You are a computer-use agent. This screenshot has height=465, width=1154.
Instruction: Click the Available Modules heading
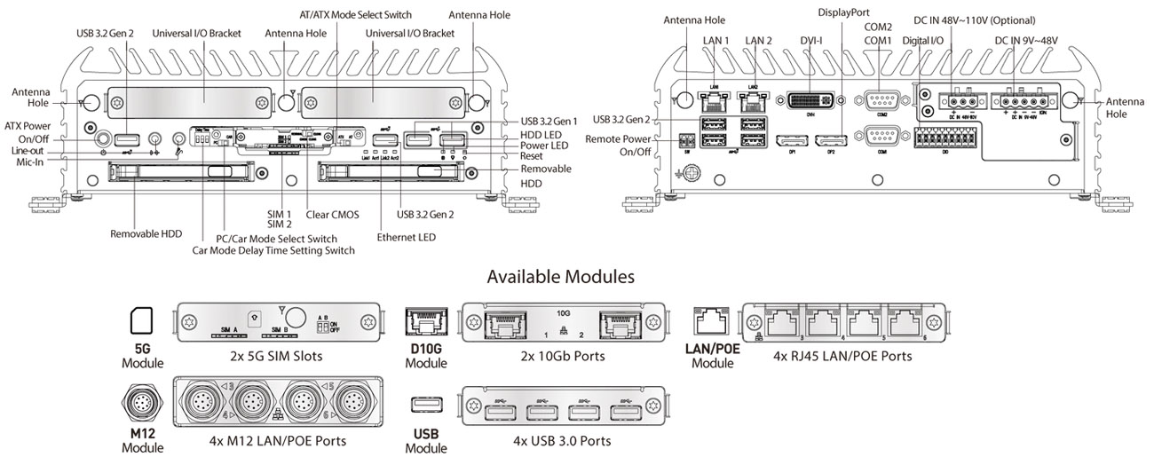click(x=560, y=277)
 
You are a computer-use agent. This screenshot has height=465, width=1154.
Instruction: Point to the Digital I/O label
click(x=923, y=41)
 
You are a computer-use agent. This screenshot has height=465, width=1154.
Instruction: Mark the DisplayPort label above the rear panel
click(x=844, y=12)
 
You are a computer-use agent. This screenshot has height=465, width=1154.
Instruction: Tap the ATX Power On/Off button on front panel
click(x=104, y=138)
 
